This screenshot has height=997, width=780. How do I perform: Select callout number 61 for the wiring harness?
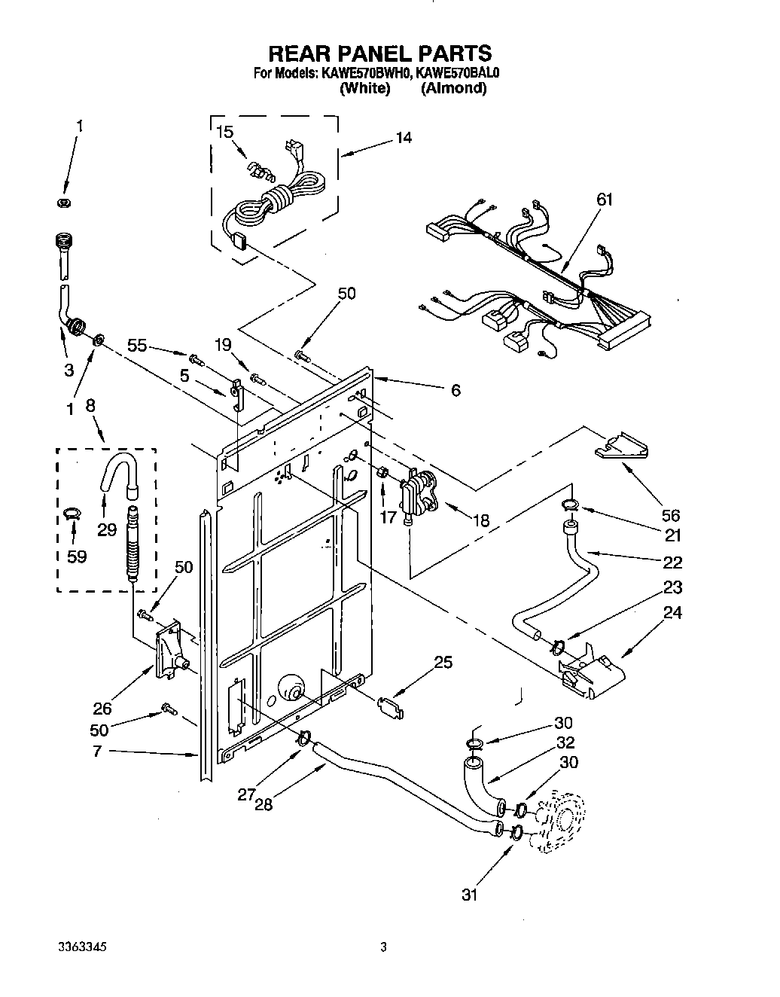605,200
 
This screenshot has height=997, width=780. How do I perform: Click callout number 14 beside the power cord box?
404,138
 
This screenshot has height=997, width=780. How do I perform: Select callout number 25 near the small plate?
443,662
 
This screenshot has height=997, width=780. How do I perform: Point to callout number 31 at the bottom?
470,895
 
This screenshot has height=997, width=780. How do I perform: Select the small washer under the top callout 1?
64,203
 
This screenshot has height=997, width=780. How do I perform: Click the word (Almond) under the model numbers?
453,88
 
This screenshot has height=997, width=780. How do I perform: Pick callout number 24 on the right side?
672,612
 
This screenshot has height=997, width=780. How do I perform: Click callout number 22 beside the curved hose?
672,562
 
